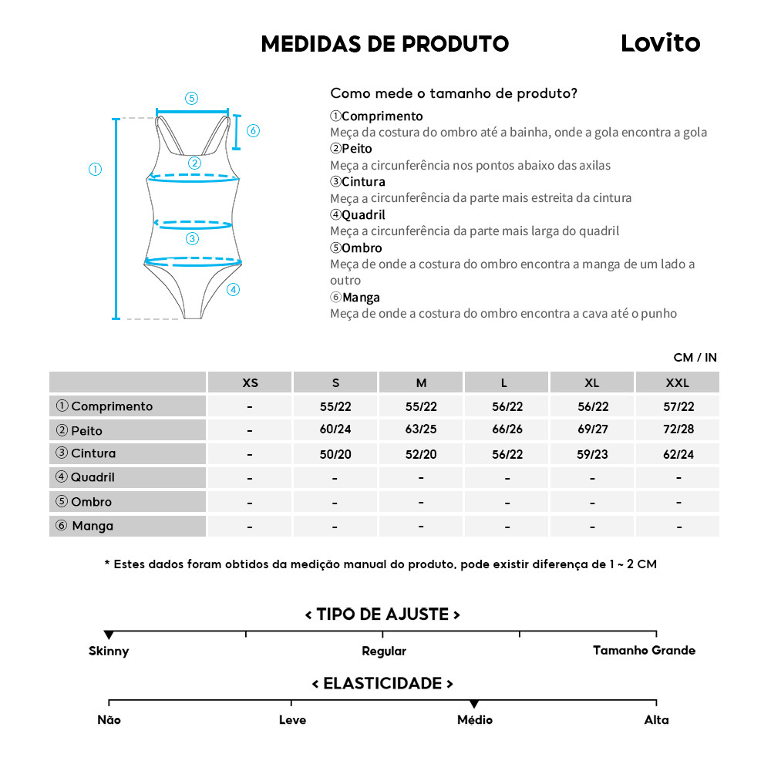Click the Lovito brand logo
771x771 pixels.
point(660,43)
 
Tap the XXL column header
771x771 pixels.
point(678,382)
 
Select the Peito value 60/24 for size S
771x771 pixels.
point(335,430)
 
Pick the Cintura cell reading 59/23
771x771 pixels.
point(592,454)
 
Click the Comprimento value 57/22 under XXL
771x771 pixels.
point(678,406)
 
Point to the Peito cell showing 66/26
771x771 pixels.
point(507,430)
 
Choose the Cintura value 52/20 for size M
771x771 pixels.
point(421,454)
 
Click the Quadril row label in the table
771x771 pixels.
point(93,477)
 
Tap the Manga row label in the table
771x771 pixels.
point(93,526)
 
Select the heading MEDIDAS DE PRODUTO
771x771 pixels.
point(385,44)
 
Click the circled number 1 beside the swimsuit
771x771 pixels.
point(96,170)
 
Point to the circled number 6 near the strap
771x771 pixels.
point(253,130)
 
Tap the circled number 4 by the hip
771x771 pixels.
point(234,290)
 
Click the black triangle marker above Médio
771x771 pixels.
point(474,704)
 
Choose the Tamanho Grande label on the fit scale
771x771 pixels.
point(644,651)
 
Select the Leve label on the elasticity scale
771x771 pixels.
point(292,720)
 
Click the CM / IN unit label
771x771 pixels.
point(695,357)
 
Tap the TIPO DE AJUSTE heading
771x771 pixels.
point(382,614)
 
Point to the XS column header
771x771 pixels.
point(250,382)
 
